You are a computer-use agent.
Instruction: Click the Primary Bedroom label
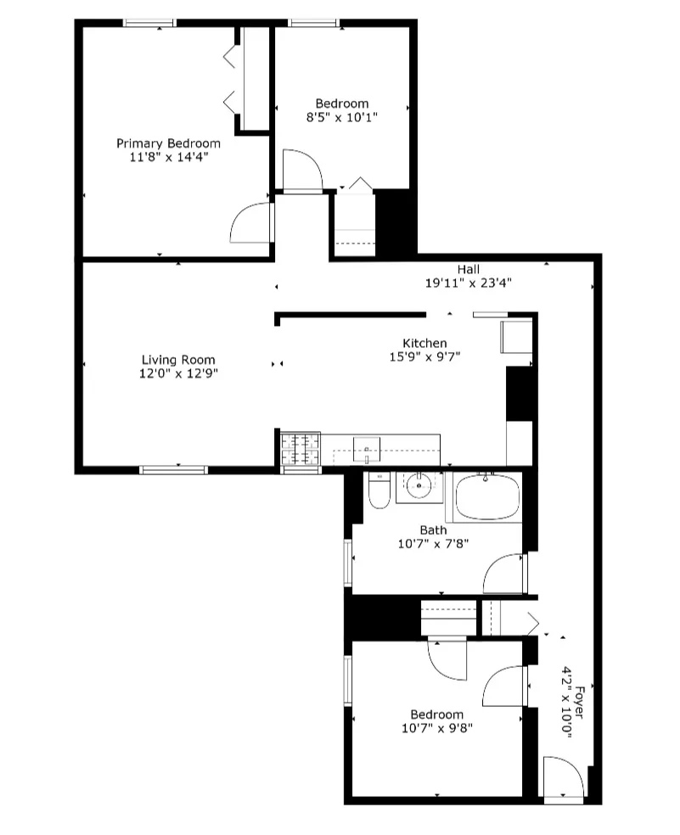(x=168, y=143)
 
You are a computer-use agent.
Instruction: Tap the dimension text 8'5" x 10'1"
(x=342, y=118)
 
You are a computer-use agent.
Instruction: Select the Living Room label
(x=178, y=359)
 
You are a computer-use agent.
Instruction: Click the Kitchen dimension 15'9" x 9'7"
(x=424, y=357)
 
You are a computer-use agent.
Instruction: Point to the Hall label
(x=469, y=269)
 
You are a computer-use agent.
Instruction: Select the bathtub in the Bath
(x=488, y=498)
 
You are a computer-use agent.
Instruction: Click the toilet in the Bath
(x=379, y=491)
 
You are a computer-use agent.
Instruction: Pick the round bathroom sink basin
(x=419, y=486)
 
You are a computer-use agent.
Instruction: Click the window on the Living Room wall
(x=173, y=468)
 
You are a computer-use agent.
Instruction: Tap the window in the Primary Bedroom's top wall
(x=149, y=23)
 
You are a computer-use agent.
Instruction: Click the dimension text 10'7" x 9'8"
(x=436, y=728)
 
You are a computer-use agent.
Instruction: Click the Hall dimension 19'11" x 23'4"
(x=469, y=283)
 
